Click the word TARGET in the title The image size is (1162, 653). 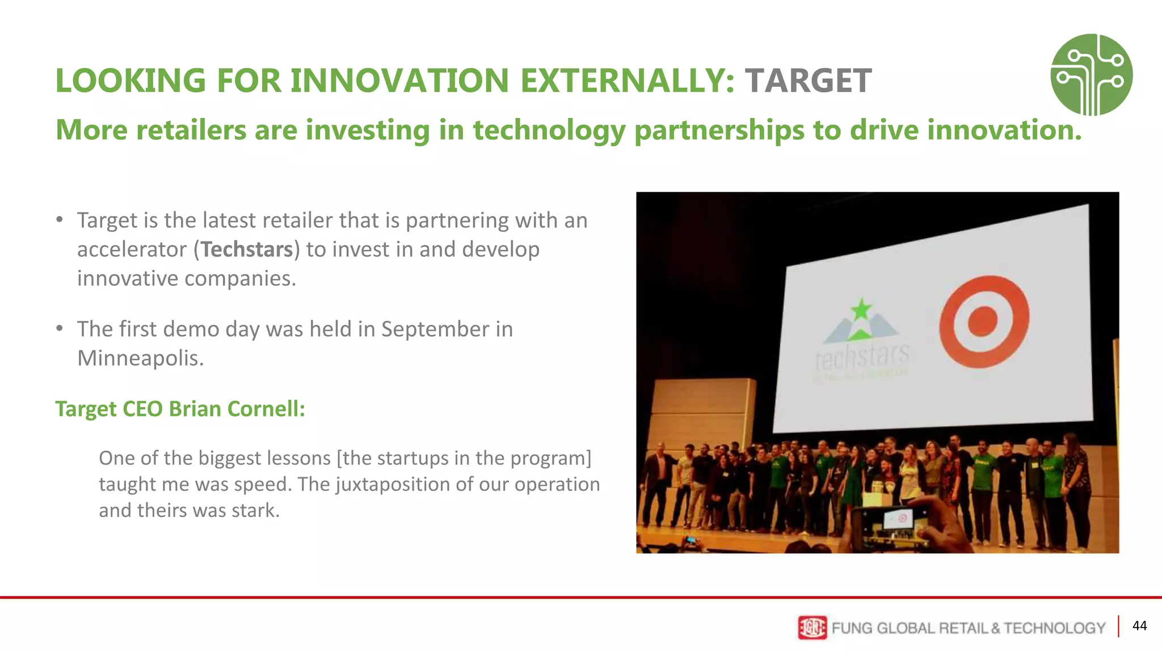(x=808, y=80)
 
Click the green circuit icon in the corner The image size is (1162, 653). (x=1091, y=74)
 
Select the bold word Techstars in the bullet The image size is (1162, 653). (x=247, y=249)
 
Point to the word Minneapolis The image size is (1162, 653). (x=140, y=358)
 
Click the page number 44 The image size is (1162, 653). (x=1139, y=626)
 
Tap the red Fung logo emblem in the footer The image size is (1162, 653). (x=812, y=627)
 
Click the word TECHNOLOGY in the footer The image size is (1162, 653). (x=1054, y=628)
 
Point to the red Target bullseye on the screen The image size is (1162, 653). (x=983, y=321)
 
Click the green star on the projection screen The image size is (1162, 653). (x=861, y=309)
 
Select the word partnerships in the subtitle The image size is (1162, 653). (x=719, y=130)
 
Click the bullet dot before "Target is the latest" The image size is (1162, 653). (x=60, y=220)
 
